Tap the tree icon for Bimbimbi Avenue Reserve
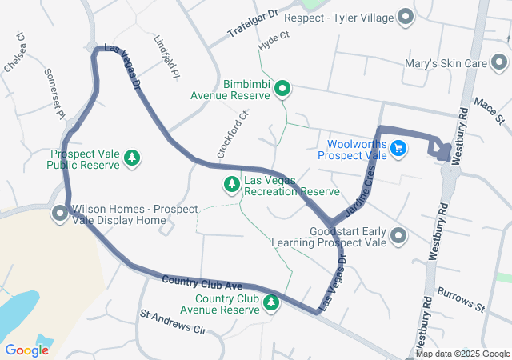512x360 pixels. click(x=282, y=89)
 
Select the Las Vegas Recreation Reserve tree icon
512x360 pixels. click(x=232, y=185)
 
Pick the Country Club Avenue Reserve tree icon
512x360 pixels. click(x=272, y=303)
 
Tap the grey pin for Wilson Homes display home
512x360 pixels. click(x=60, y=214)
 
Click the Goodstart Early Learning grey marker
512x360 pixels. click(x=399, y=235)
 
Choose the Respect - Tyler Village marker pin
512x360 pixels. click(x=406, y=16)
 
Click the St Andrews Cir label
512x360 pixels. click(x=173, y=322)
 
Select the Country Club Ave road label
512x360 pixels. click(x=202, y=282)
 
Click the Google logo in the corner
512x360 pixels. click(x=27, y=350)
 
